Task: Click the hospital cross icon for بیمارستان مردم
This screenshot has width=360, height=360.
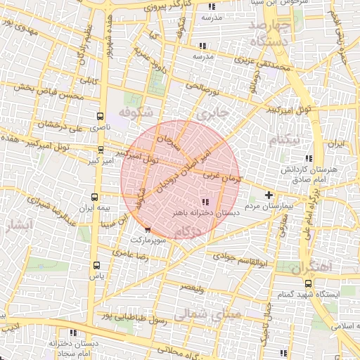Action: pyautogui.click(x=268, y=195)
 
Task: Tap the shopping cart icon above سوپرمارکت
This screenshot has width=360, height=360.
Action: pyautogui.click(x=147, y=229)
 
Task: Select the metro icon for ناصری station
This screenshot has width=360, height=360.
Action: pyautogui.click(x=98, y=117)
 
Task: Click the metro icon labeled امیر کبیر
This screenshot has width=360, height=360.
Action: pyautogui.click(x=101, y=150)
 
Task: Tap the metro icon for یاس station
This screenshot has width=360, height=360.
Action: pyautogui.click(x=96, y=266)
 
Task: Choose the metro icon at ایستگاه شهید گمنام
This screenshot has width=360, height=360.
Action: pyautogui.click(x=308, y=283)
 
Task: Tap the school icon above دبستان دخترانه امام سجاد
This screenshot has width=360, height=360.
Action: pyautogui.click(x=72, y=333)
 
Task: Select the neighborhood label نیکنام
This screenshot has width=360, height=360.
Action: pyautogui.click(x=284, y=139)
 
